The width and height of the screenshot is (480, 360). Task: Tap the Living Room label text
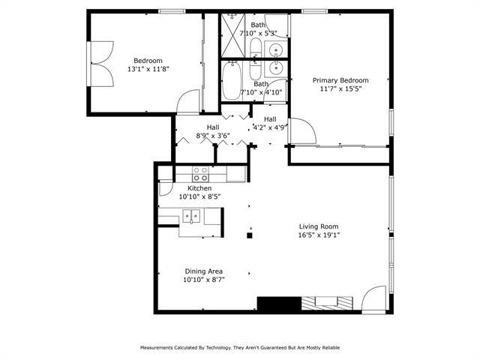point(319,226)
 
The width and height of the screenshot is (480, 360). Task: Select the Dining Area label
point(203,271)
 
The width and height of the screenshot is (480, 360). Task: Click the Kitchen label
point(199,188)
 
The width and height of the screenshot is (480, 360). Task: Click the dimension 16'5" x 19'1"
point(319,235)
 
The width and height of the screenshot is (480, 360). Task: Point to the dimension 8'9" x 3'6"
point(212,136)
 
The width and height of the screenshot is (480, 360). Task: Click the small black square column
point(250,235)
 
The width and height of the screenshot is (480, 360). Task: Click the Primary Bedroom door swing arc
point(302,130)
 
